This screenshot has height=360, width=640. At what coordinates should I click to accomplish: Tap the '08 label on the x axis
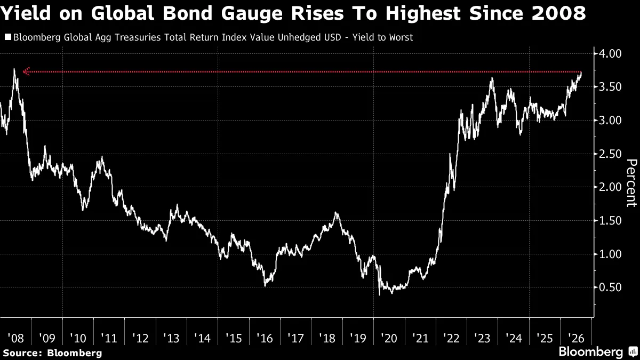pos(15,338)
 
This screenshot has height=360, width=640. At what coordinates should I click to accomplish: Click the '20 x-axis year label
pos(389,338)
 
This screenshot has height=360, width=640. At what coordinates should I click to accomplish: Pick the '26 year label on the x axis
pos(576,338)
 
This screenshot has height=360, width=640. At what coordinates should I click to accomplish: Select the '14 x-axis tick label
pos(202,338)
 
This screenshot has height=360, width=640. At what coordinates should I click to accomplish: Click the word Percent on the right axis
pos(631,183)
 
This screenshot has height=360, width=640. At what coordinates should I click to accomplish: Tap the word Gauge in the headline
pos(252,13)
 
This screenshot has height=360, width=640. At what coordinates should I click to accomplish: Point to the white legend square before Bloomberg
pos(8,37)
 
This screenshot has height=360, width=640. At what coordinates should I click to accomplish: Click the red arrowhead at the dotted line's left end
pos(26,71)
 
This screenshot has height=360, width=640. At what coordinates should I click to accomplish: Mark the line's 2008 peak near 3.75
pos(14,69)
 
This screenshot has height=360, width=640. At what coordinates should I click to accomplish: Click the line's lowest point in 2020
pos(379,295)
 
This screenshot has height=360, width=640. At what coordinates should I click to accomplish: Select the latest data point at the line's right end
pos(581,73)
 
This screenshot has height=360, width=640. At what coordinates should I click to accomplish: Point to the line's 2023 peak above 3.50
pos(492,78)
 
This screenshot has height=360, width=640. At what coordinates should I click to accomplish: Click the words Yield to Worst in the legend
pos(382,37)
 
